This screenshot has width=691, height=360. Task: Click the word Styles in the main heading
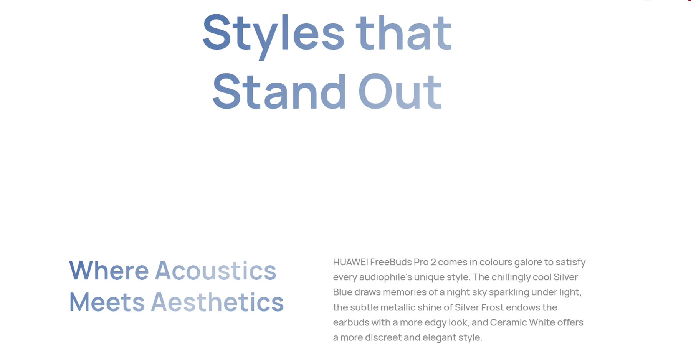pyautogui.click(x=273, y=35)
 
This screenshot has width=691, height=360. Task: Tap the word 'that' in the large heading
pyautogui.click(x=404, y=32)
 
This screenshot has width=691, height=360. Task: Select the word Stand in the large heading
pyautogui.click(x=279, y=92)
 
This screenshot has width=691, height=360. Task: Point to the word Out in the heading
pyautogui.click(x=400, y=92)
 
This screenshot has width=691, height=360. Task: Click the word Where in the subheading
pyautogui.click(x=109, y=271)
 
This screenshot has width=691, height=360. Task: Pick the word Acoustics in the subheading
pyautogui.click(x=215, y=271)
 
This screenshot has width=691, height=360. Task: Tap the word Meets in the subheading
pyautogui.click(x=107, y=302)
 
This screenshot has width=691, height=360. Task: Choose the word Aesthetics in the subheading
pyautogui.click(x=217, y=302)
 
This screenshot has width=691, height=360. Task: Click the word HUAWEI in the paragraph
pyautogui.click(x=350, y=262)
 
